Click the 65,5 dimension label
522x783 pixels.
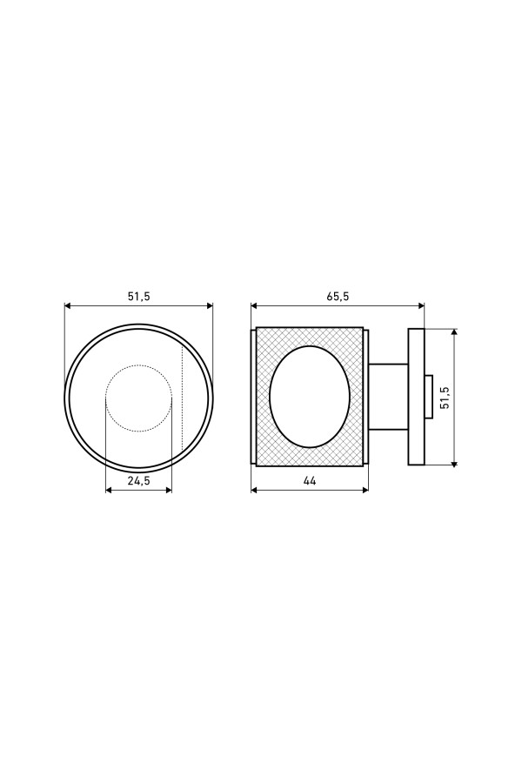[338, 296]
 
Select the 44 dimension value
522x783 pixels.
[310, 481]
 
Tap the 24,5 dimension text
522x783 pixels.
[139, 481]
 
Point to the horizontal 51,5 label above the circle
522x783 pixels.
[139, 296]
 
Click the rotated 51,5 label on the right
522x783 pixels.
[445, 398]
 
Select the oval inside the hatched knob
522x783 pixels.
[271, 397]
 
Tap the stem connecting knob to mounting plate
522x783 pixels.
[388, 397]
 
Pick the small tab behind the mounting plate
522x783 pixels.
[428, 397]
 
